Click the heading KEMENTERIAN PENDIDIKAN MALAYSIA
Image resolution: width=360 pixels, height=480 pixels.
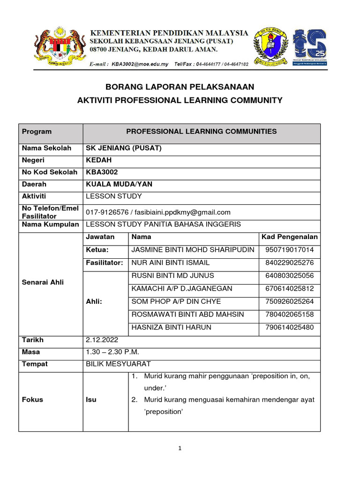[x=169, y=33]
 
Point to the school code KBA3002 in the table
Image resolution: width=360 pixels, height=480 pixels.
[x=102, y=172]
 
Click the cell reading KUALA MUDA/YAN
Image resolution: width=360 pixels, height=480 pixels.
[x=119, y=184]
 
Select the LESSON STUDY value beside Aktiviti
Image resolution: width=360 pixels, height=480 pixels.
[x=113, y=196]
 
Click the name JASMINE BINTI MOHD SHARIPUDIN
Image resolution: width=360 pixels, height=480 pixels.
[x=193, y=250]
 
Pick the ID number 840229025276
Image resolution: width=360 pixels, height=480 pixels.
[x=289, y=262]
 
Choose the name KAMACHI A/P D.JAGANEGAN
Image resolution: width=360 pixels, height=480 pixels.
[x=182, y=288]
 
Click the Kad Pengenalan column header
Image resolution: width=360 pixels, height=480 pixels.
[x=289, y=237]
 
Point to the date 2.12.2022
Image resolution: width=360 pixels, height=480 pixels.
[x=102, y=340]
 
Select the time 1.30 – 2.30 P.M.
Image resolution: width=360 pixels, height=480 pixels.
[x=112, y=352]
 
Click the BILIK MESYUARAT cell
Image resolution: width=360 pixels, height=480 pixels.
[x=118, y=364]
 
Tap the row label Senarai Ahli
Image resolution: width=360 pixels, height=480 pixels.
[x=43, y=282]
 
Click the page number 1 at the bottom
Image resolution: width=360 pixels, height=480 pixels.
[x=180, y=448]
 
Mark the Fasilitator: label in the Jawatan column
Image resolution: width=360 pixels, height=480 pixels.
[x=104, y=262]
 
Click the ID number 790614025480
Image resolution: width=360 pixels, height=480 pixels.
[x=289, y=327]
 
